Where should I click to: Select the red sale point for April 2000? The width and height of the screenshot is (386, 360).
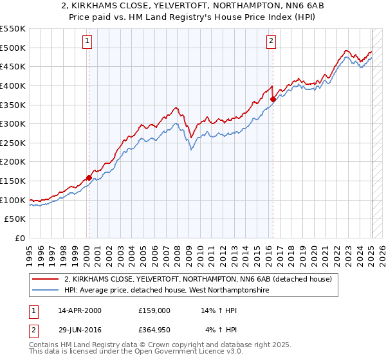tap(89, 177)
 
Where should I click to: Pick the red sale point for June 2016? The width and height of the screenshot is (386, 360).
tap(273, 99)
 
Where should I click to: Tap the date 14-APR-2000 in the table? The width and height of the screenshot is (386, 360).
tap(80, 310)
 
